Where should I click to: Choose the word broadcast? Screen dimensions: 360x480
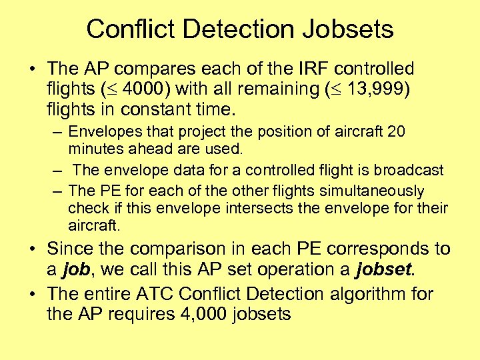pyautogui.click(x=409, y=170)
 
